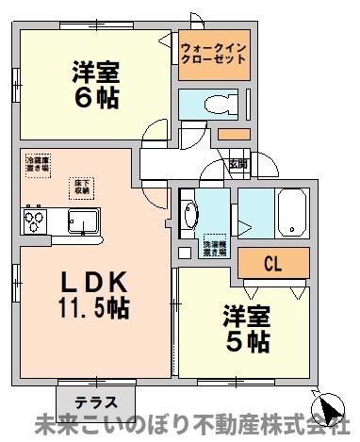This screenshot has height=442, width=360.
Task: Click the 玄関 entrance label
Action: pyautogui.click(x=238, y=164)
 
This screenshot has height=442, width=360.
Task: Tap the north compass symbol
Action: pyautogui.click(x=330, y=410)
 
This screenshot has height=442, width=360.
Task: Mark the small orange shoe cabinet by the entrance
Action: pyautogui.click(x=233, y=134)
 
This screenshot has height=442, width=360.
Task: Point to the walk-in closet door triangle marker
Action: pyautogui.click(x=166, y=41)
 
